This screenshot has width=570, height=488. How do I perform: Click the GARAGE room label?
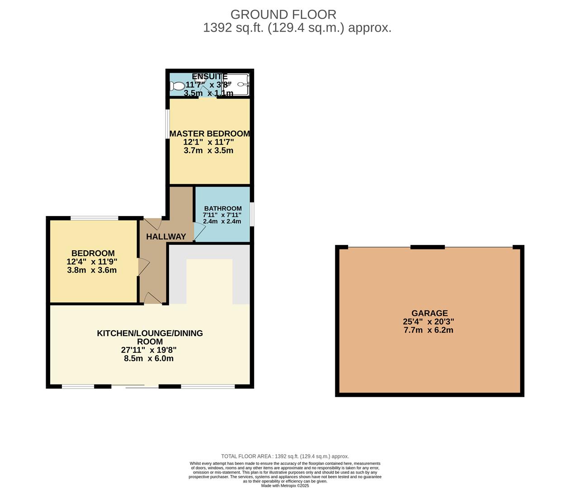click(429, 313)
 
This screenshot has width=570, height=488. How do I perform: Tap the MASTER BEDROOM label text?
click(209, 134)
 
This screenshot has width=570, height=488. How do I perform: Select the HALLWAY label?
click(166, 236)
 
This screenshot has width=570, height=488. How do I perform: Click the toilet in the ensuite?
click(179, 86)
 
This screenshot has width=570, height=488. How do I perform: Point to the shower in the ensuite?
click(240, 84)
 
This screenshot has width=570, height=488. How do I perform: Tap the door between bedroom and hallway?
click(143, 267)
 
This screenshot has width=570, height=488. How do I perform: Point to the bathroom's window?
click(252, 214)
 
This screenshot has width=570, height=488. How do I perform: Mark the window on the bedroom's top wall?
click(94, 218)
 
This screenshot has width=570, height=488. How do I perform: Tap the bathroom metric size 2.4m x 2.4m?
click(222, 221)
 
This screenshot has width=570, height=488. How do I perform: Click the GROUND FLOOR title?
click(283, 14)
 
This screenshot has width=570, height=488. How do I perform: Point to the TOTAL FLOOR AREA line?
click(285, 456)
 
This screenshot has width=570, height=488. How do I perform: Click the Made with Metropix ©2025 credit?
click(285, 486)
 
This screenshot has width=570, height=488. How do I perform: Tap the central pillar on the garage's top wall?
click(428, 247)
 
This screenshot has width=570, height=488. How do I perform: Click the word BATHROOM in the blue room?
click(223, 208)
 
